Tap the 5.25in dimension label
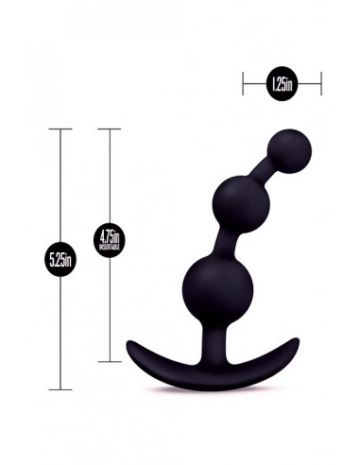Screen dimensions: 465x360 click(x=62, y=257)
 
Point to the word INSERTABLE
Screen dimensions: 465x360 click(x=111, y=248)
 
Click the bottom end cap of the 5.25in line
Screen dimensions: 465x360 click(x=62, y=388)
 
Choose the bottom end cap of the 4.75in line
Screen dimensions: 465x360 click(x=111, y=360)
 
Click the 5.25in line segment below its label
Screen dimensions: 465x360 click(x=62, y=331)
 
